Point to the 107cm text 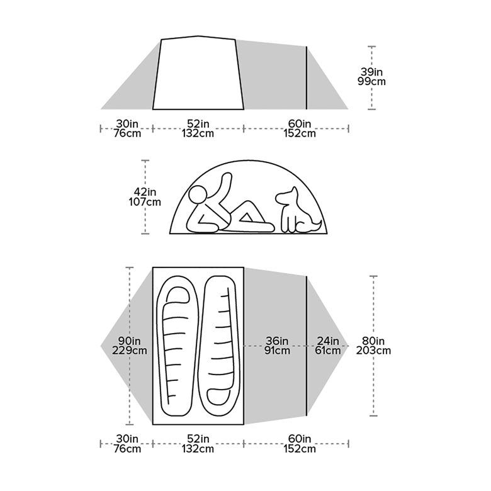(x=145, y=202)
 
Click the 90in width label (x=129, y=340)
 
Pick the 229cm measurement (x=129, y=350)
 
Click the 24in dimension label (x=327, y=340)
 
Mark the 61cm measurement (x=327, y=350)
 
